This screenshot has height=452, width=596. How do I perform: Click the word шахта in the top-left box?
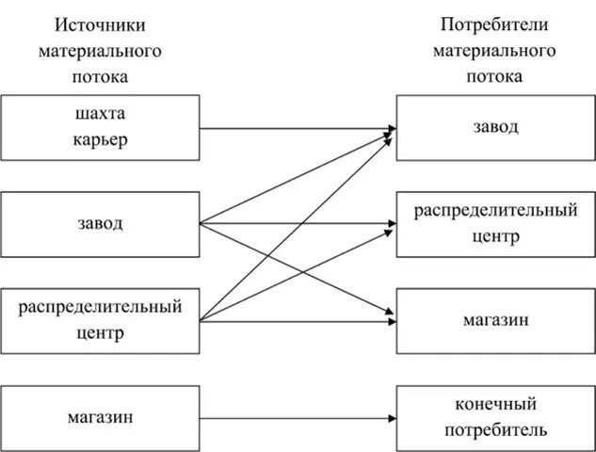(100, 115)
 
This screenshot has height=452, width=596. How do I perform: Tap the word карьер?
(100, 139)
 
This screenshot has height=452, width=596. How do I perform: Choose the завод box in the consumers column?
(495, 127)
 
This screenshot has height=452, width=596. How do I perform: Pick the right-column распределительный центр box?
(495, 224)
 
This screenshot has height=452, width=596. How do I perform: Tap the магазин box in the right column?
(495, 320)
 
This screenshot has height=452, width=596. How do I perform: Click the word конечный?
(495, 405)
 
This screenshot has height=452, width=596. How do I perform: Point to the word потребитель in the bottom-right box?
(495, 430)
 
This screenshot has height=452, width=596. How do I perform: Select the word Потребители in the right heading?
(495, 24)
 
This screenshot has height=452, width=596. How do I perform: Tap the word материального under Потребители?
(495, 50)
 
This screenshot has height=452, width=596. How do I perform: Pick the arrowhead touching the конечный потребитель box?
(390, 417)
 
